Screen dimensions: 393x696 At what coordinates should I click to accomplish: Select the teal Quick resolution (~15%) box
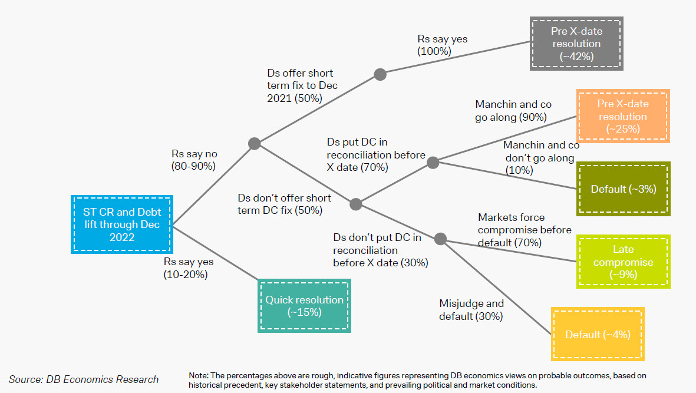point(304,306)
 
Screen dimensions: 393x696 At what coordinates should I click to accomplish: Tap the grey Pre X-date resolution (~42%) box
point(576,43)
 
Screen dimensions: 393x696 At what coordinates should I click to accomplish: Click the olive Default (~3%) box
point(623,189)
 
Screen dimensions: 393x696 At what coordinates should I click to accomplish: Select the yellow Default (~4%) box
point(598,334)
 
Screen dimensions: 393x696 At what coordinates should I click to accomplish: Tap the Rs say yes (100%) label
point(442,45)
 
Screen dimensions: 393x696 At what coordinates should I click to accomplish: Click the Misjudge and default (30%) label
point(471,310)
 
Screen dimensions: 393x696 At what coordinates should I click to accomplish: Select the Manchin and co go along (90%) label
point(513,111)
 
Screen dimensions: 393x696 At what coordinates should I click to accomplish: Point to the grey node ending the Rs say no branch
point(254,143)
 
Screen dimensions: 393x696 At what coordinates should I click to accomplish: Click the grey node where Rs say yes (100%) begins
point(380,74)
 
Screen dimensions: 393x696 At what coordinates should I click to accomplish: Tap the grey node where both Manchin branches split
point(433,162)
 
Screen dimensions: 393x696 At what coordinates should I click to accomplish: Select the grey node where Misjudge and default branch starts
point(440,239)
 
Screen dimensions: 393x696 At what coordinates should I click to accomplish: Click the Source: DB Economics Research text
point(84,379)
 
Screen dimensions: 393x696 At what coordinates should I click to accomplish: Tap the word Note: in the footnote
point(199,375)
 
